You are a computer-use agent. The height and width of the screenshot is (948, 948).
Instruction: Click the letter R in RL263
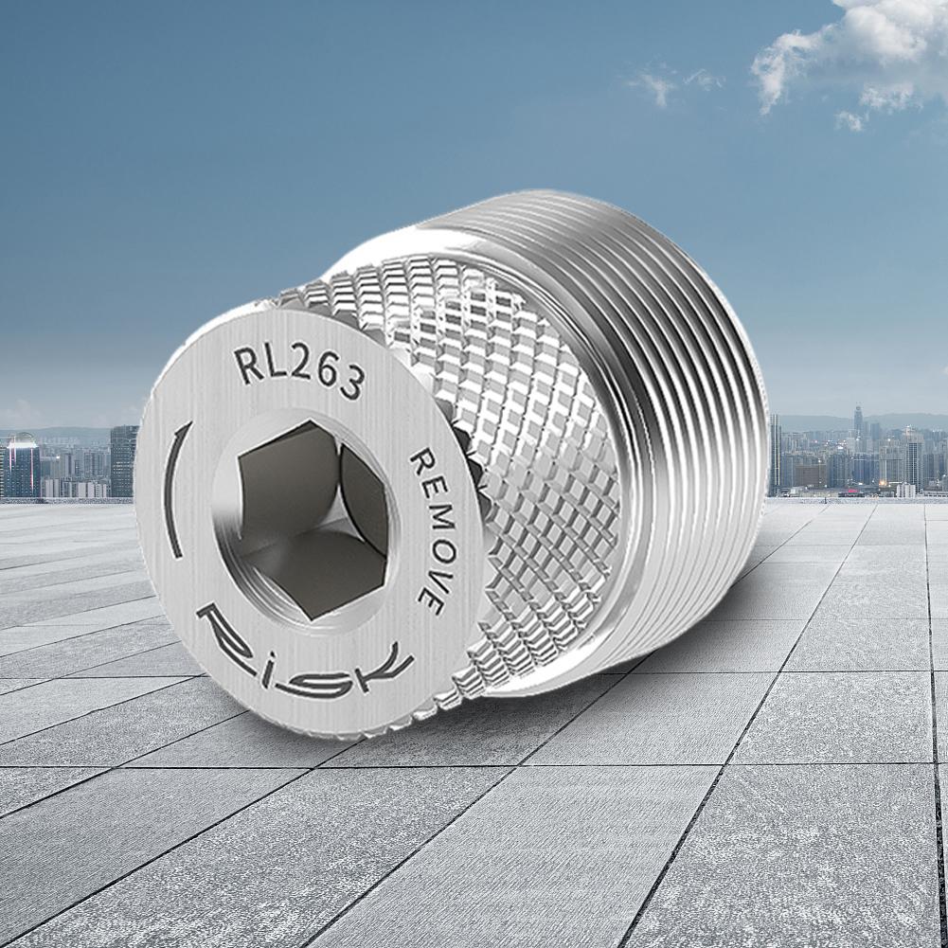point(245,365)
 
